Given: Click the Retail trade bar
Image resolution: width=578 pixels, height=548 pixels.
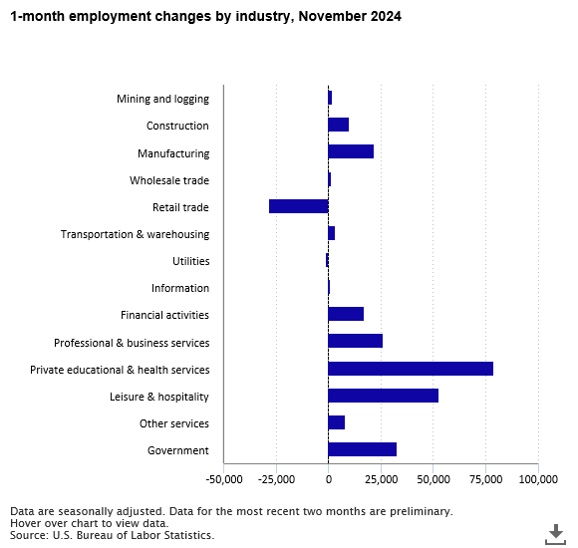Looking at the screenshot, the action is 299,206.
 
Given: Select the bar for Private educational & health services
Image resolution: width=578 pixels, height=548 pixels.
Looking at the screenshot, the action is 411,369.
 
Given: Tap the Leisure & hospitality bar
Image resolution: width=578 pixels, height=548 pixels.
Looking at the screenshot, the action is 384,396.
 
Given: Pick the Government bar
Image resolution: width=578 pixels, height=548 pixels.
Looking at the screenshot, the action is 363,449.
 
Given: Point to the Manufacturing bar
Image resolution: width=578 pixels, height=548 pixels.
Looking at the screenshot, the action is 351,151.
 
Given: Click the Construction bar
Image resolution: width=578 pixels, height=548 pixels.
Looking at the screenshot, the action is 339,125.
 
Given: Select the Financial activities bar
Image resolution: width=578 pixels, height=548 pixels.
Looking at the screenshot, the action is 346,314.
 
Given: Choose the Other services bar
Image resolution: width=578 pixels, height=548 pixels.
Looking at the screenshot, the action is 337,422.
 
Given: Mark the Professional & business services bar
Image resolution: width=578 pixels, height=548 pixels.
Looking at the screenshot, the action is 356,341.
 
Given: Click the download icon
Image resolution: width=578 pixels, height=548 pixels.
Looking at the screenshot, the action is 555,534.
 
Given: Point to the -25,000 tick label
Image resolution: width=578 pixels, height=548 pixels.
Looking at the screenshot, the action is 276,479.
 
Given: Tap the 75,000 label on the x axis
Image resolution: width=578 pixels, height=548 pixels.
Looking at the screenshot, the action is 486,479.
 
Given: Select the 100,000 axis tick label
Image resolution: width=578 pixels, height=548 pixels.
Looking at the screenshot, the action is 538,479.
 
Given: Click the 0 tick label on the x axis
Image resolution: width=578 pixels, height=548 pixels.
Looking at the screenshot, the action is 329,479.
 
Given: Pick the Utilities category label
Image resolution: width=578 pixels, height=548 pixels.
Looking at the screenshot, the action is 191,261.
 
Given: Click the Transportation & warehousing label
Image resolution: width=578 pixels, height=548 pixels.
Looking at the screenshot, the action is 135,234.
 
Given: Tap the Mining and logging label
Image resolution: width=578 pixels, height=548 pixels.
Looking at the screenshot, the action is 162,99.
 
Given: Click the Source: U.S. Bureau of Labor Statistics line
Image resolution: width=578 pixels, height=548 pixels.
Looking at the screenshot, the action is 112,535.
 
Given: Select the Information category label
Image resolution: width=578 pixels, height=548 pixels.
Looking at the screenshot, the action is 180,288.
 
